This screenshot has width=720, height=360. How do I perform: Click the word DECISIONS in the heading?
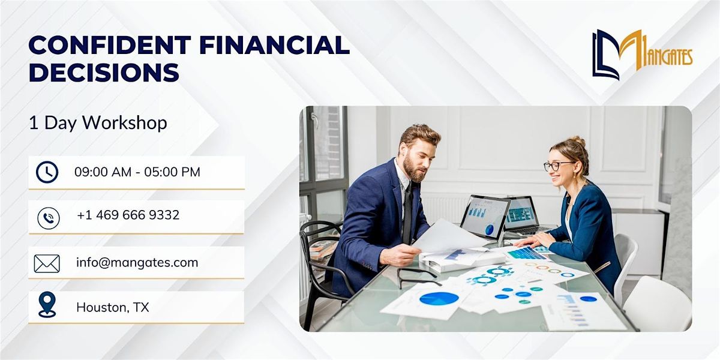(x=104, y=73)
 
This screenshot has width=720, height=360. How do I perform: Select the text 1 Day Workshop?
(x=98, y=123)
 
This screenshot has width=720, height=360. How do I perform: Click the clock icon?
(x=47, y=172)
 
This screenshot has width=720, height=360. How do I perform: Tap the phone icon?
(x=47, y=217)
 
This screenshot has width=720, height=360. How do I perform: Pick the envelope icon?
(x=47, y=263)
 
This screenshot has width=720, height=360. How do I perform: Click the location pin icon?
(x=46, y=305)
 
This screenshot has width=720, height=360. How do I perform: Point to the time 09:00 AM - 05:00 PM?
(x=137, y=172)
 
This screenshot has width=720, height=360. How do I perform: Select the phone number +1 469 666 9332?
(x=128, y=215)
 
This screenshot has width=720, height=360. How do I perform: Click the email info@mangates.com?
(x=137, y=262)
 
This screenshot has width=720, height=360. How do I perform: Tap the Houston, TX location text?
(x=113, y=308)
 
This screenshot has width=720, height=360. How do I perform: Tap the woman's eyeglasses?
(x=558, y=166)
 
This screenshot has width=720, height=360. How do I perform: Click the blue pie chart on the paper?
(x=439, y=298)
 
